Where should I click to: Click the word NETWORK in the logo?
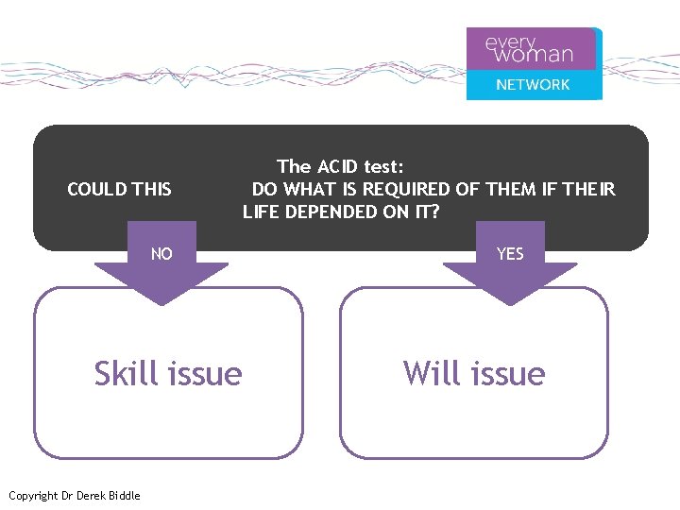pyautogui.click(x=534, y=84)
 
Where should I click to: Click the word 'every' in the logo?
pyautogui.click(x=510, y=42)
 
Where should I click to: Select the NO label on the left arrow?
pyautogui.click(x=161, y=254)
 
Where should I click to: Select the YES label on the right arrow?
pyautogui.click(x=510, y=254)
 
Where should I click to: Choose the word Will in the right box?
pyautogui.click(x=431, y=373)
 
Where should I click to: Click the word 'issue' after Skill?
pyautogui.click(x=204, y=373)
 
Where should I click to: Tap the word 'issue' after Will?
pyautogui.click(x=507, y=373)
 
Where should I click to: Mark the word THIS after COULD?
pyautogui.click(x=153, y=189)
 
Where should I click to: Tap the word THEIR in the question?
pyautogui.click(x=588, y=189)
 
